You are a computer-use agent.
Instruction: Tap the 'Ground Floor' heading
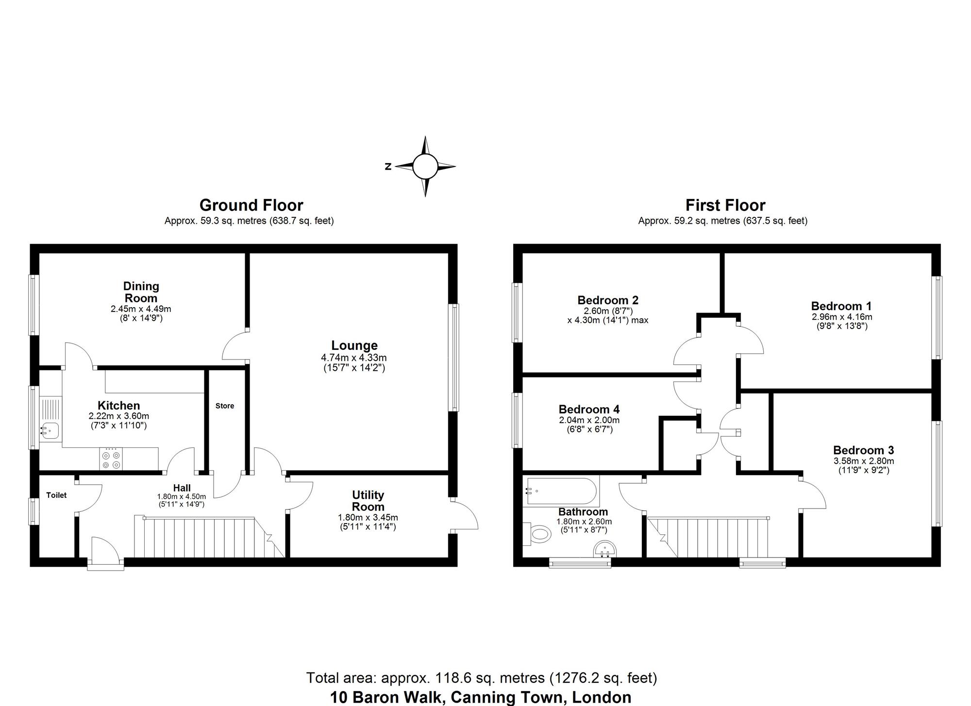pyautogui.click(x=251, y=205)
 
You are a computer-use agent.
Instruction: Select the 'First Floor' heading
pyautogui.click(x=725, y=205)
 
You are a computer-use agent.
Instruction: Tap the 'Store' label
pyautogui.click(x=225, y=406)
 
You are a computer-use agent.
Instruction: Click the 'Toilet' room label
pyautogui.click(x=56, y=495)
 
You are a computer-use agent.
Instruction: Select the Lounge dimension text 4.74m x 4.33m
pyautogui.click(x=354, y=358)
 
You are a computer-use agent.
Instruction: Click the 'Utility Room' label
pyautogui.click(x=368, y=501)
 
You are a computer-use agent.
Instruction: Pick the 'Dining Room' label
pyautogui.click(x=141, y=292)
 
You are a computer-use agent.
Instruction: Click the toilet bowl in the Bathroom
pyautogui.click(x=538, y=535)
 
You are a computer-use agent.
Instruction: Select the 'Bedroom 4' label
pyautogui.click(x=589, y=410)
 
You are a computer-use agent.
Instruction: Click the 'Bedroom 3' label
pyautogui.click(x=863, y=450)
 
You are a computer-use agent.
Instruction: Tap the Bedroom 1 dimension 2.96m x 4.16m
pyautogui.click(x=842, y=317)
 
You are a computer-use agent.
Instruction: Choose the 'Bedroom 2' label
pyautogui.click(x=608, y=300)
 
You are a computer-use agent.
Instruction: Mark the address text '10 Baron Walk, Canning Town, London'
pyautogui.click(x=481, y=697)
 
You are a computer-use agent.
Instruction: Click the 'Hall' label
pyautogui.click(x=182, y=488)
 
